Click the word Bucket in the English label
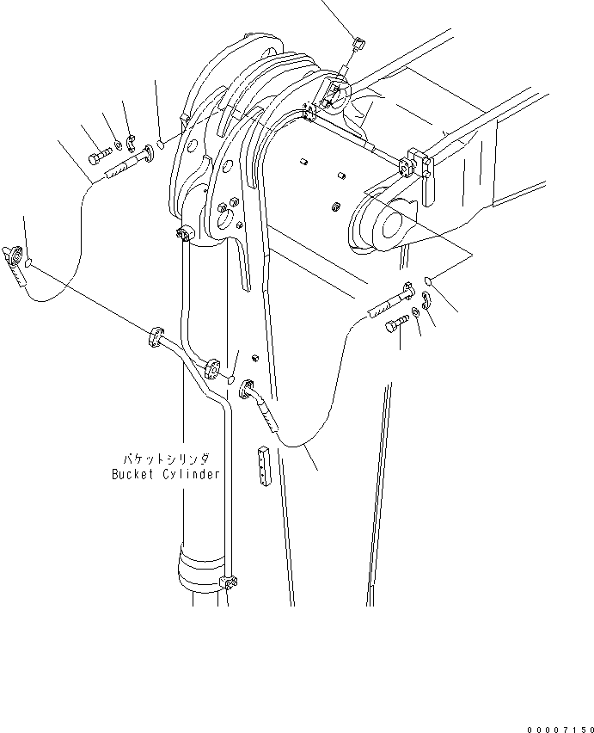(x=132, y=474)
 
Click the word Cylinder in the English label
(x=192, y=474)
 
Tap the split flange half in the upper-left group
(x=131, y=141)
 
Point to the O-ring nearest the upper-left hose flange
(x=162, y=147)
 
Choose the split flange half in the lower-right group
(x=426, y=299)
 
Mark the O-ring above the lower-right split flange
(x=432, y=280)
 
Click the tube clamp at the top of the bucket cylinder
(x=182, y=235)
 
